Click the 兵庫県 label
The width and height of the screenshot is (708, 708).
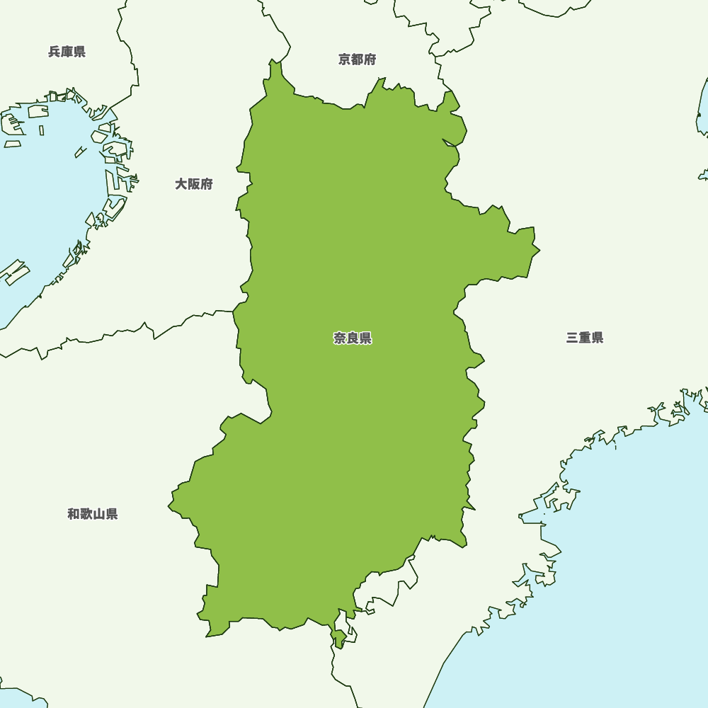67,52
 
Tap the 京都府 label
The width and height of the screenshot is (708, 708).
358,59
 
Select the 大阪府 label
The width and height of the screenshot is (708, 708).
194,184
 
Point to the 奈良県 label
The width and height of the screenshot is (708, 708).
353,338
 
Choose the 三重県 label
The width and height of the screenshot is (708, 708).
585,338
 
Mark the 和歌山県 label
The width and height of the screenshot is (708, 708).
93,514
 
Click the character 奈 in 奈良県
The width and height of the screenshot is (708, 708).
340,338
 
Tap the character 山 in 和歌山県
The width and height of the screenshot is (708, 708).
99,514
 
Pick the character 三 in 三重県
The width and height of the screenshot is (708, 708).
572,338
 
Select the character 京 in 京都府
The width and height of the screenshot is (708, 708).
345,59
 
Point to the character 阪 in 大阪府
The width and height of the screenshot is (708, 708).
194,184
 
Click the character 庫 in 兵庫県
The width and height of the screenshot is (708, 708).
67,52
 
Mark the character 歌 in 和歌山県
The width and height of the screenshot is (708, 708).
86,514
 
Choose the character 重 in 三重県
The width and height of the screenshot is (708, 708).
585,338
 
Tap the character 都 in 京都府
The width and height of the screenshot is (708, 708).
358,59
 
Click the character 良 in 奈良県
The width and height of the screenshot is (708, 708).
353,338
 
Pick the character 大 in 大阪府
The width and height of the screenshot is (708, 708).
181,184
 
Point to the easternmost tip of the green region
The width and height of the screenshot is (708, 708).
539,250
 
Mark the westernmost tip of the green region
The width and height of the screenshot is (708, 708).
169,506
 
